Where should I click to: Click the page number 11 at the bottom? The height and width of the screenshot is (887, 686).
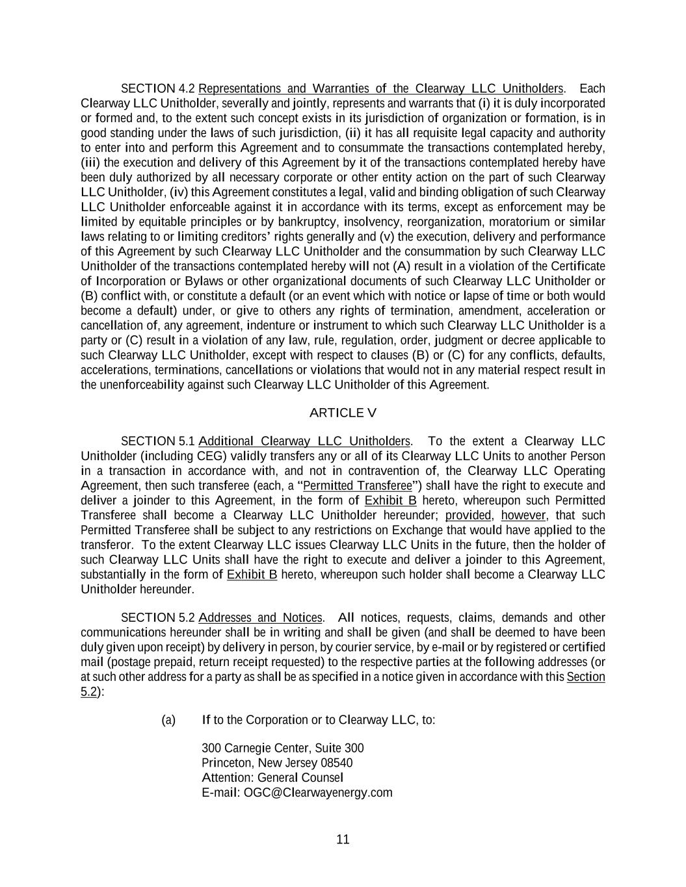click(x=343, y=839)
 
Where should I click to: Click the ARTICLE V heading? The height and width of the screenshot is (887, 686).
click(x=343, y=413)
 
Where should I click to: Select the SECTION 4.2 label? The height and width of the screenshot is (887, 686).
click(x=158, y=88)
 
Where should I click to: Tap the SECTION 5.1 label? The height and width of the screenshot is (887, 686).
click(x=158, y=441)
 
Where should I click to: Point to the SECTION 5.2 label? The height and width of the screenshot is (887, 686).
click(x=158, y=617)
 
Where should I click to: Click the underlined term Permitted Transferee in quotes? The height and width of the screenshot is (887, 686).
click(x=358, y=486)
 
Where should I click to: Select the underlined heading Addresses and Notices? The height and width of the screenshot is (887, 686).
click(x=260, y=617)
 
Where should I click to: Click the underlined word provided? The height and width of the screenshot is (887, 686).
click(x=468, y=515)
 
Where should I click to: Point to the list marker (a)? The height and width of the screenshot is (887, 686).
click(x=168, y=720)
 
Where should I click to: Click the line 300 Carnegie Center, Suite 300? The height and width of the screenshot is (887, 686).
click(x=283, y=748)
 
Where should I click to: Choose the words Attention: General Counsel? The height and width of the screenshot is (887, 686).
click(x=272, y=778)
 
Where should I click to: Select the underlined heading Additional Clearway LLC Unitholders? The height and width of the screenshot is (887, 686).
click(x=304, y=441)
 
